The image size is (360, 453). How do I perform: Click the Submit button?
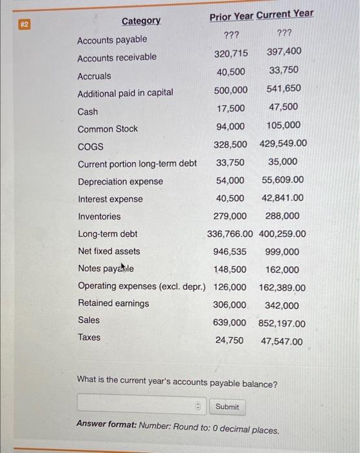(227, 406)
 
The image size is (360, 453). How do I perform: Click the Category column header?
(141, 21)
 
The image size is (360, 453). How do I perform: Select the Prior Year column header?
(231, 14)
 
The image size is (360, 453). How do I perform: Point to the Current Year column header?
(285, 14)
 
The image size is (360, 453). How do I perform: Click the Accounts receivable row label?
(117, 58)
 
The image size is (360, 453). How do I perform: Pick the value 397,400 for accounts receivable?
(284, 51)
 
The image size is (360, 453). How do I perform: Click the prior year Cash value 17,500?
(231, 107)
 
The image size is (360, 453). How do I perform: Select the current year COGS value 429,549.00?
(283, 144)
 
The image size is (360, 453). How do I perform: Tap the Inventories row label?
(99, 216)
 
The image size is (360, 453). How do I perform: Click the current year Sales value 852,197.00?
(282, 323)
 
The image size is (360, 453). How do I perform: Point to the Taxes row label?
(89, 337)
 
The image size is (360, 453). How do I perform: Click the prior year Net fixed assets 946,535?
(229, 251)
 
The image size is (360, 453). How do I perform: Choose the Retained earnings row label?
(113, 303)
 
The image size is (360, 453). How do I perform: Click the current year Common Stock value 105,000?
(283, 126)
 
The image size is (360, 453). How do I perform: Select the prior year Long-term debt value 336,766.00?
(231, 234)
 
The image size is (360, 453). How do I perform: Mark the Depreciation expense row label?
(120, 181)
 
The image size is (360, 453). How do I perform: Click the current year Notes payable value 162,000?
(282, 269)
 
